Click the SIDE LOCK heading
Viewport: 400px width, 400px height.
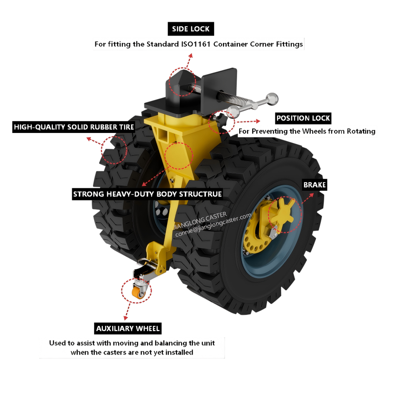[x=191, y=29]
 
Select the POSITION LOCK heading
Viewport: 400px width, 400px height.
[x=303, y=118]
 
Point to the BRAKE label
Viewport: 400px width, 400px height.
[x=314, y=185]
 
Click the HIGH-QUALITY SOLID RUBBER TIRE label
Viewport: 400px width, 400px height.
[x=74, y=127]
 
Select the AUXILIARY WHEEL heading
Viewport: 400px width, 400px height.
[x=128, y=328]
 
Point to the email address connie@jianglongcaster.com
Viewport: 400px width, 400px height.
[x=213, y=225]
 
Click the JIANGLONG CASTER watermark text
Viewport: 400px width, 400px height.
[x=200, y=219]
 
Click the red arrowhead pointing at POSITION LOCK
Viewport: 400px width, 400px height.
[x=259, y=120]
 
